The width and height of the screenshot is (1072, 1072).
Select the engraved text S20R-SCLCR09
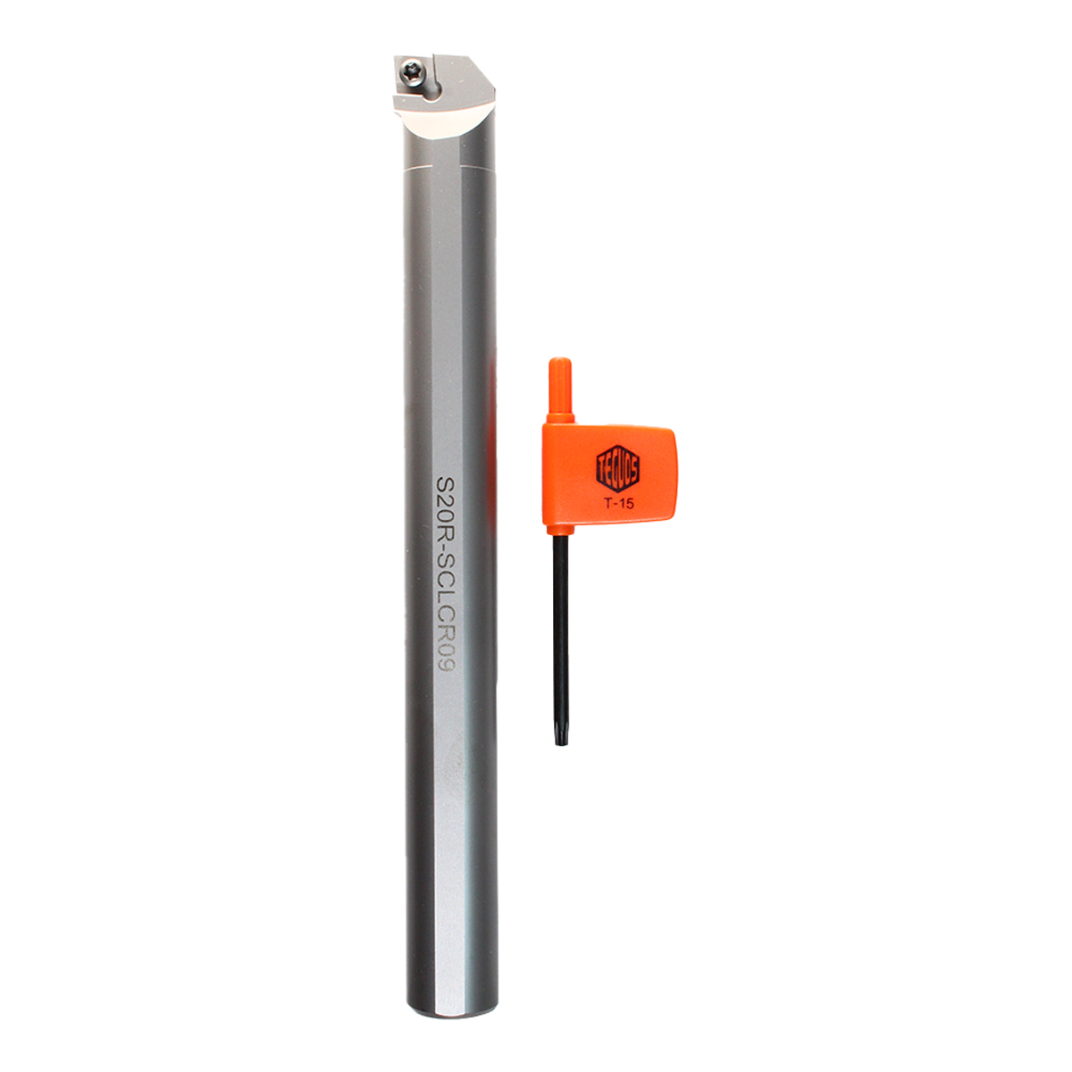tap(446, 573)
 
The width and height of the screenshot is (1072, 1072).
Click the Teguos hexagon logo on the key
tap(617, 468)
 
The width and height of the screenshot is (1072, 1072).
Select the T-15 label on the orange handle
tap(618, 504)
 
